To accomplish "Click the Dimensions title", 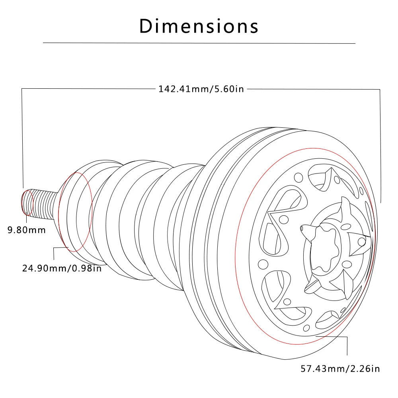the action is click(199, 26).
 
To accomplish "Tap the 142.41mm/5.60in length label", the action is click(201, 89).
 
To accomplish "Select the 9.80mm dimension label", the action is click(26, 230).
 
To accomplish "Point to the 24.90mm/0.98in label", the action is click(62, 268).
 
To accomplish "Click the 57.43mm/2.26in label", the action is click(340, 369).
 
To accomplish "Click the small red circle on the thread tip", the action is click(27, 203).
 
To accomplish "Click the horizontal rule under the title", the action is click(199, 43).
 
